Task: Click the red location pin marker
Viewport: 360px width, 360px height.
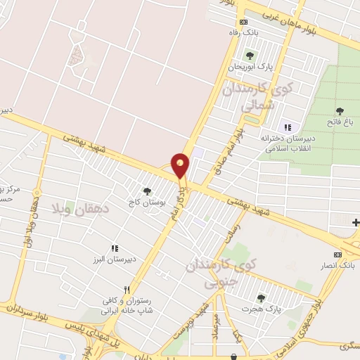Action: tap(181, 165)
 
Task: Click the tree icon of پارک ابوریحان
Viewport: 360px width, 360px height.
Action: tap(250, 56)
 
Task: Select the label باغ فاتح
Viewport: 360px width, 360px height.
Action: tap(340, 122)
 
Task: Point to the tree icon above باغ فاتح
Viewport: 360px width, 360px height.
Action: tap(340, 110)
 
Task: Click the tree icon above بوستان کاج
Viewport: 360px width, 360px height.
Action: tap(147, 191)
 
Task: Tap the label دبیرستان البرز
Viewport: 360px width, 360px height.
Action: tap(115, 259)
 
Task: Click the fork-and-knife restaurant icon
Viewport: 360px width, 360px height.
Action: tap(127, 289)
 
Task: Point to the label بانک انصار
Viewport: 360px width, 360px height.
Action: tap(338, 265)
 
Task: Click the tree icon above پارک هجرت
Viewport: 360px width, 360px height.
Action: tap(261, 298)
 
